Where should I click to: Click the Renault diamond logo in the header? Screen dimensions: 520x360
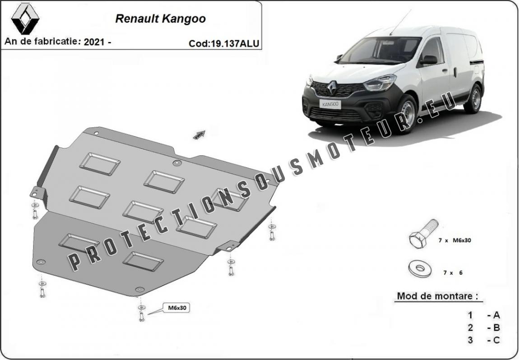(x=25, y=19)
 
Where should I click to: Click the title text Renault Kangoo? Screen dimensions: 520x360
(x=161, y=18)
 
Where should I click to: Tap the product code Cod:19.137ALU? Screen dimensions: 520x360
(x=224, y=43)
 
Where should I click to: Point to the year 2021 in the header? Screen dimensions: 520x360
(x=94, y=42)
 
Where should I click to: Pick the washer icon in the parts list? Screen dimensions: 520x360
(x=420, y=268)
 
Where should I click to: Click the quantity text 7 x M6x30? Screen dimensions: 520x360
(x=455, y=240)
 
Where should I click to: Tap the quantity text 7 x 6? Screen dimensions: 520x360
(x=453, y=272)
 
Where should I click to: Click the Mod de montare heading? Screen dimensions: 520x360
(x=438, y=295)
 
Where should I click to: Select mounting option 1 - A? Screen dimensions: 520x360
(x=483, y=315)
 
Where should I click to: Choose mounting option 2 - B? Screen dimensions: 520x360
(x=483, y=328)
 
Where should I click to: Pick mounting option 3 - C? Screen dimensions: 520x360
(x=483, y=340)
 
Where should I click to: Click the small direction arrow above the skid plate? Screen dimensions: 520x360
(x=200, y=134)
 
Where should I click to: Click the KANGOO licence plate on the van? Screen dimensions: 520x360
(x=330, y=104)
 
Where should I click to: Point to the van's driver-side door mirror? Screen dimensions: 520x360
(x=428, y=60)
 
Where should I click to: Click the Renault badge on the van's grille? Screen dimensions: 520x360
(x=332, y=88)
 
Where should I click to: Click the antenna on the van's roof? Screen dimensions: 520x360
(x=400, y=22)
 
